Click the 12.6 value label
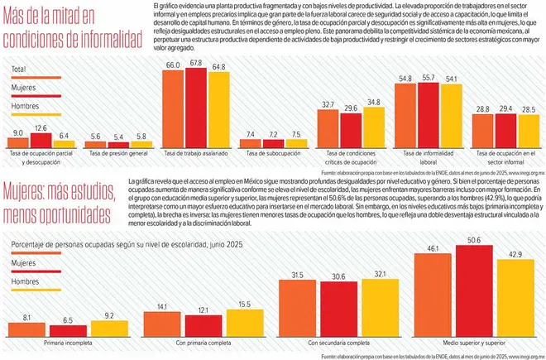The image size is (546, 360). click(x=41, y=127)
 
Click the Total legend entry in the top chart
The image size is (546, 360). click(x=18, y=70)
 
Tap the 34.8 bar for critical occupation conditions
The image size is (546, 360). click(x=375, y=125)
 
